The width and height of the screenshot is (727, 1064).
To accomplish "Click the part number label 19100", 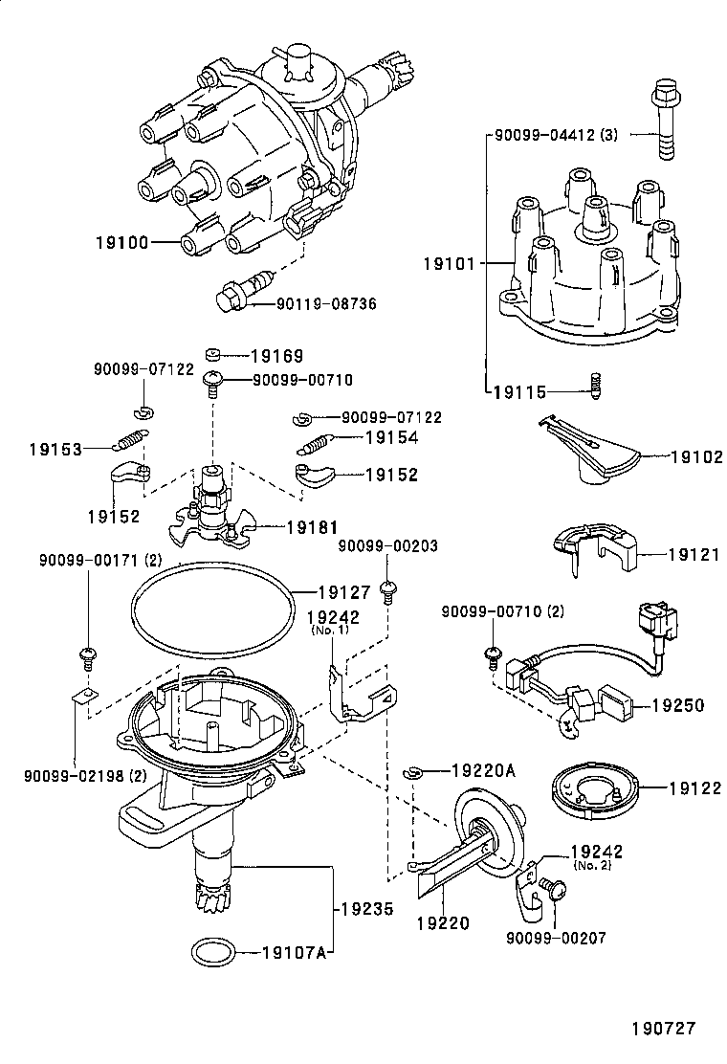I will (x=121, y=242).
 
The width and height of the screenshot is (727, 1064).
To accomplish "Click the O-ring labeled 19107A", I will (x=211, y=952).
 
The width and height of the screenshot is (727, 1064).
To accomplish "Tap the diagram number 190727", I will (x=663, y=1029).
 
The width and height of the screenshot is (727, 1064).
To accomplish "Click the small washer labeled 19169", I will (x=215, y=355).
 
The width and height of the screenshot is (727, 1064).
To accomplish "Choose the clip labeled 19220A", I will (x=411, y=771).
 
